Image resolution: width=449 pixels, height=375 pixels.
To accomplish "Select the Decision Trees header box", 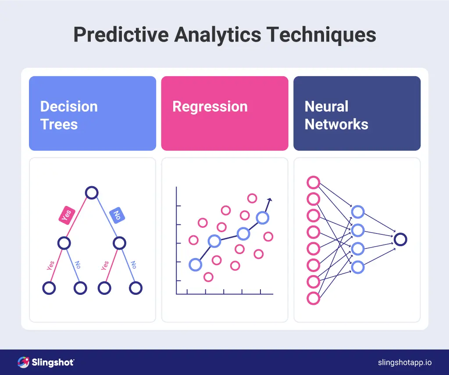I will pyautogui.click(x=93, y=113).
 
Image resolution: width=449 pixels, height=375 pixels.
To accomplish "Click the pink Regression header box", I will pyautogui.click(x=224, y=113).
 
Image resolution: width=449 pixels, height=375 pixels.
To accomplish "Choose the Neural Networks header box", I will pyautogui.click(x=357, y=113).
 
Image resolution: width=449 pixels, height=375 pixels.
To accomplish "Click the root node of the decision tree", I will pyautogui.click(x=92, y=193).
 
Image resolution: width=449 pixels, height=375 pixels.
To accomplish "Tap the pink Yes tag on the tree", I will pyautogui.click(x=67, y=216).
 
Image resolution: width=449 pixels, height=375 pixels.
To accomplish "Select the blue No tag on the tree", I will pyautogui.click(x=117, y=215).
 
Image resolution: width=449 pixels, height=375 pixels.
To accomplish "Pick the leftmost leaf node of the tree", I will pyautogui.click(x=49, y=288).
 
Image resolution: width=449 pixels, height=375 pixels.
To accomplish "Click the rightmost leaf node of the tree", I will pyautogui.click(x=136, y=288).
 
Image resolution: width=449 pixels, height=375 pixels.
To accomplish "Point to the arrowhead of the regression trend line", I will pyautogui.click(x=270, y=200).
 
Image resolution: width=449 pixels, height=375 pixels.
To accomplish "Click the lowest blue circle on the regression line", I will pyautogui.click(x=195, y=264).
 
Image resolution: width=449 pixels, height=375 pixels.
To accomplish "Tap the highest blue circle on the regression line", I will pyautogui.click(x=262, y=217).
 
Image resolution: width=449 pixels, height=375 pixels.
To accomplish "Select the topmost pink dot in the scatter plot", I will pyautogui.click(x=252, y=198).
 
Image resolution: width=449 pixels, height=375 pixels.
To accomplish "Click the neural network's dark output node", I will pyautogui.click(x=400, y=239).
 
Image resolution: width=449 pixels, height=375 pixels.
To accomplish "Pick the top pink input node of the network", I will pyautogui.click(x=313, y=182).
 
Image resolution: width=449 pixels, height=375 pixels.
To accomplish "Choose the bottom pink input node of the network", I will pyautogui.click(x=313, y=298).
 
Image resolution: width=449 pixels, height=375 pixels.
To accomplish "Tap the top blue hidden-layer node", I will pyautogui.click(x=358, y=212).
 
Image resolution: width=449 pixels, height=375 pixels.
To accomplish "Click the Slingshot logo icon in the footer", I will pyautogui.click(x=23, y=362).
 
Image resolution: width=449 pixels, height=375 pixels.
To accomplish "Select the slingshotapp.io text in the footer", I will pyautogui.click(x=405, y=362).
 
